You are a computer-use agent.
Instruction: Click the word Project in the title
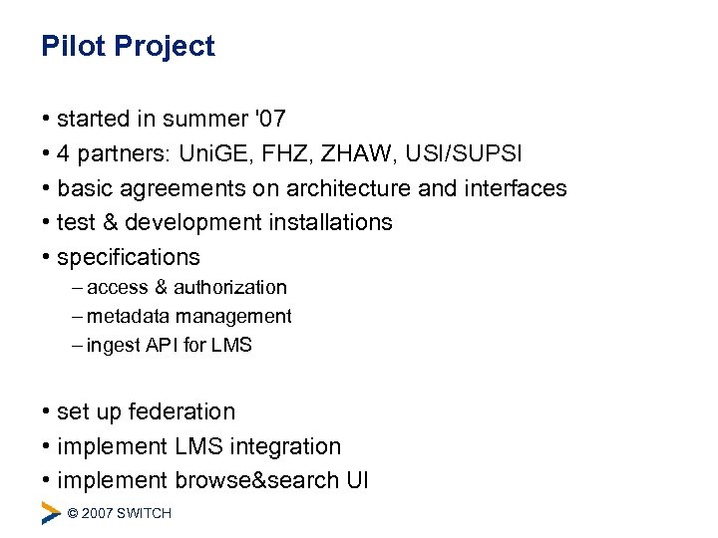click(x=165, y=47)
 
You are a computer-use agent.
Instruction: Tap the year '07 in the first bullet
click(x=270, y=120)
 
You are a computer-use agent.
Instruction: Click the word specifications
click(x=129, y=257)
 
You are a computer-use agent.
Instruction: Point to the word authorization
click(x=229, y=288)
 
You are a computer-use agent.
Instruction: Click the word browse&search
click(x=256, y=480)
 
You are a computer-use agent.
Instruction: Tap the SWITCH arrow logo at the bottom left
click(x=50, y=512)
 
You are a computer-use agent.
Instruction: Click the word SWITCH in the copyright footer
click(x=144, y=513)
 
